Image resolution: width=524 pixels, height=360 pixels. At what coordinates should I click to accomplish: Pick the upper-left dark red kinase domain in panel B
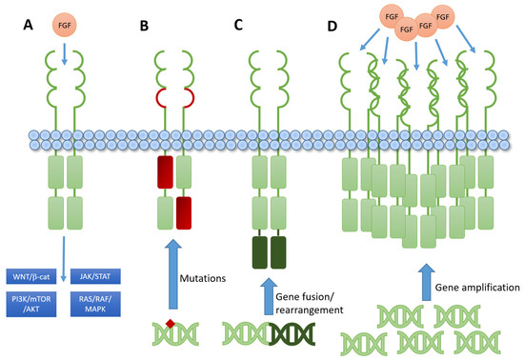point(166,175)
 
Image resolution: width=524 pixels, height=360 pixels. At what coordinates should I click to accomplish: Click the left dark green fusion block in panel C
point(259,252)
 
